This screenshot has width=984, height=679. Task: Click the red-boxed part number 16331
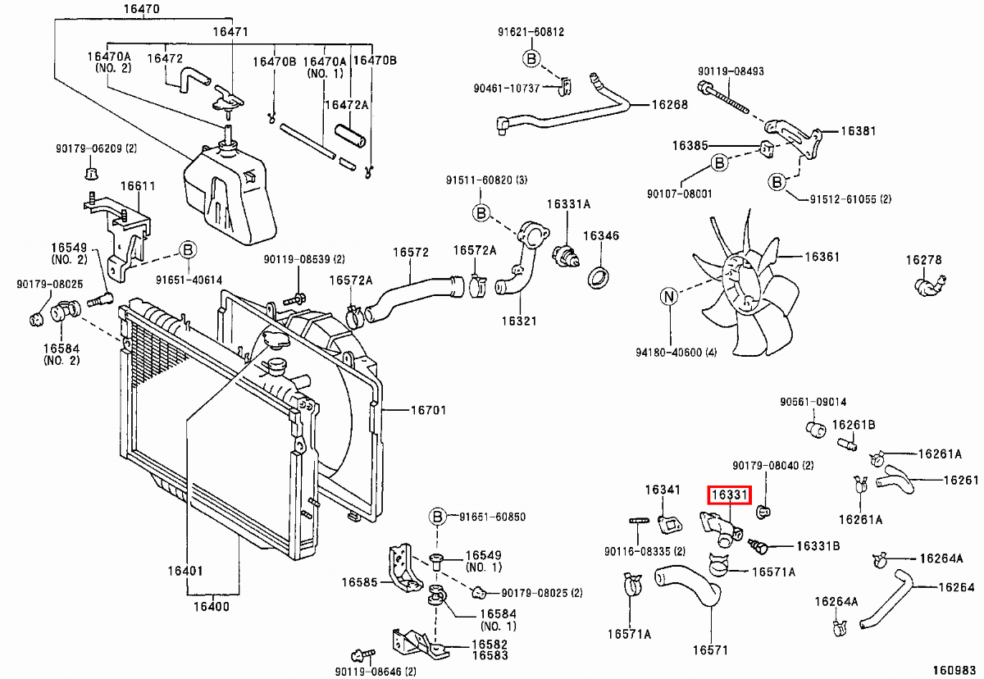(x=729, y=495)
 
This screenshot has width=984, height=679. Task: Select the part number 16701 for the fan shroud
(x=428, y=410)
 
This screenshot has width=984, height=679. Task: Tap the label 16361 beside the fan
(x=822, y=257)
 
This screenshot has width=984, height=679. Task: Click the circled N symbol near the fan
(x=668, y=297)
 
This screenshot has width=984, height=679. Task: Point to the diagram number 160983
(x=954, y=670)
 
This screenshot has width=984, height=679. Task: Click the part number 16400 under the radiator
(x=212, y=606)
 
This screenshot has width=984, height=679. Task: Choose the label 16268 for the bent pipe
(x=669, y=104)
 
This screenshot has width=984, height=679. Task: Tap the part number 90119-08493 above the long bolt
(x=731, y=71)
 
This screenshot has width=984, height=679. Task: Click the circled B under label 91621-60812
(x=531, y=58)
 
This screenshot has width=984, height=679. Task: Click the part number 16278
(x=924, y=260)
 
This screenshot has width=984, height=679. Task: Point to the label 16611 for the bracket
(x=138, y=186)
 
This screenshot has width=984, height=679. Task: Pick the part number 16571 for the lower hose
(x=710, y=649)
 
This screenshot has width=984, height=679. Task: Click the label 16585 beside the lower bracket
(x=359, y=582)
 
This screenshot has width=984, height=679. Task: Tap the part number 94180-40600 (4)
(x=676, y=353)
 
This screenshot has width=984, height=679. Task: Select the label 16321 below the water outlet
(x=519, y=321)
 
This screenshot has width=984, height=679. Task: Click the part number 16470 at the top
(x=141, y=9)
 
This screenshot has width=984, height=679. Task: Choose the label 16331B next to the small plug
(x=818, y=545)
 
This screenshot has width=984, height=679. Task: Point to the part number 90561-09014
(x=813, y=402)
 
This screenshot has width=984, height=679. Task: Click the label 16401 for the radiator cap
(x=185, y=571)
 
